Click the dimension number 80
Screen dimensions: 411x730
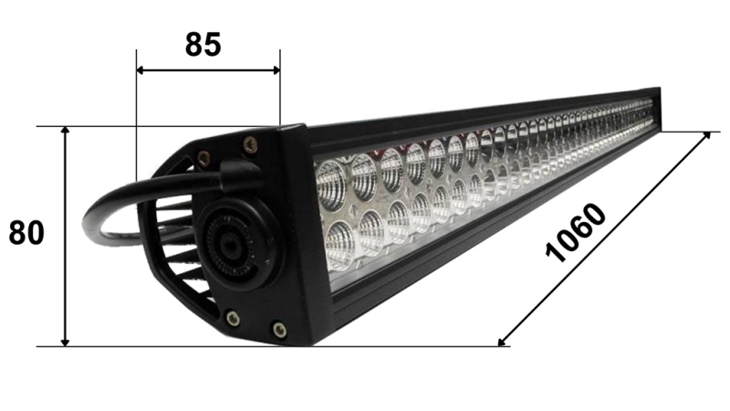point(26,233)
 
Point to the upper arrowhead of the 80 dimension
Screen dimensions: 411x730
point(65,132)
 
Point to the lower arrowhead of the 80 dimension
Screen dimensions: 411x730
point(65,341)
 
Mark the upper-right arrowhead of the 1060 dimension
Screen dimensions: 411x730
point(705,135)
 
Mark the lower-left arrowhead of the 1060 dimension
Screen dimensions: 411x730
point(503,342)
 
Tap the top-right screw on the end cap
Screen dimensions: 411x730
point(249,142)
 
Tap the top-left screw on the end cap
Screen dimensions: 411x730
point(203,157)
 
